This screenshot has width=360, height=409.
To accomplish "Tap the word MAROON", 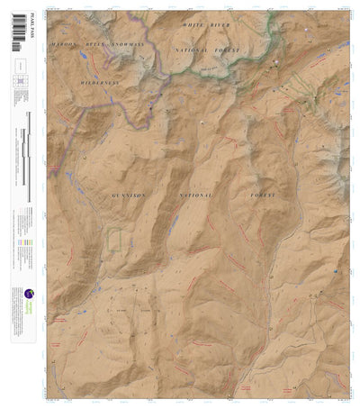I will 66,43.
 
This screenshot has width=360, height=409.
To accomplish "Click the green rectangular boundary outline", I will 113,240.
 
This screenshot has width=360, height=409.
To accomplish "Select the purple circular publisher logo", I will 29,294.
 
